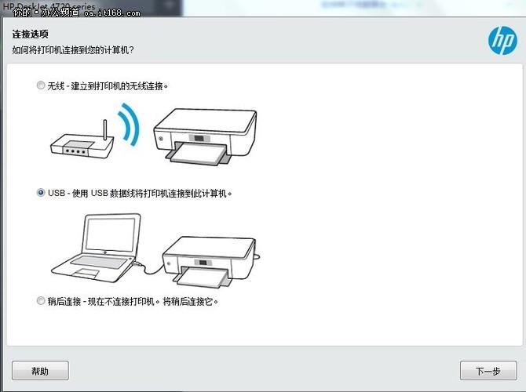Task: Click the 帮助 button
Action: (x=40, y=371)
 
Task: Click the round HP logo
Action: (x=500, y=38)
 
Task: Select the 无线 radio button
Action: (x=41, y=85)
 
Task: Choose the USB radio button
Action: (x=41, y=193)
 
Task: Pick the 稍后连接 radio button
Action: (x=41, y=301)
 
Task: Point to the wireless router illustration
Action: (x=82, y=144)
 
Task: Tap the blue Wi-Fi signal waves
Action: (x=130, y=125)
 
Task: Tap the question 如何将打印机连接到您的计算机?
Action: (x=73, y=49)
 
